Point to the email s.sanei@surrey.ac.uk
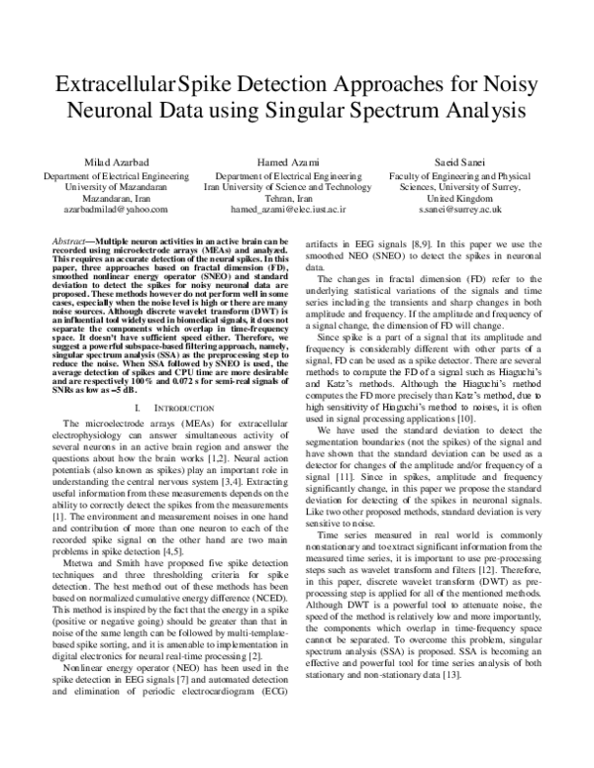point(459,210)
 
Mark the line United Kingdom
point(459,197)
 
